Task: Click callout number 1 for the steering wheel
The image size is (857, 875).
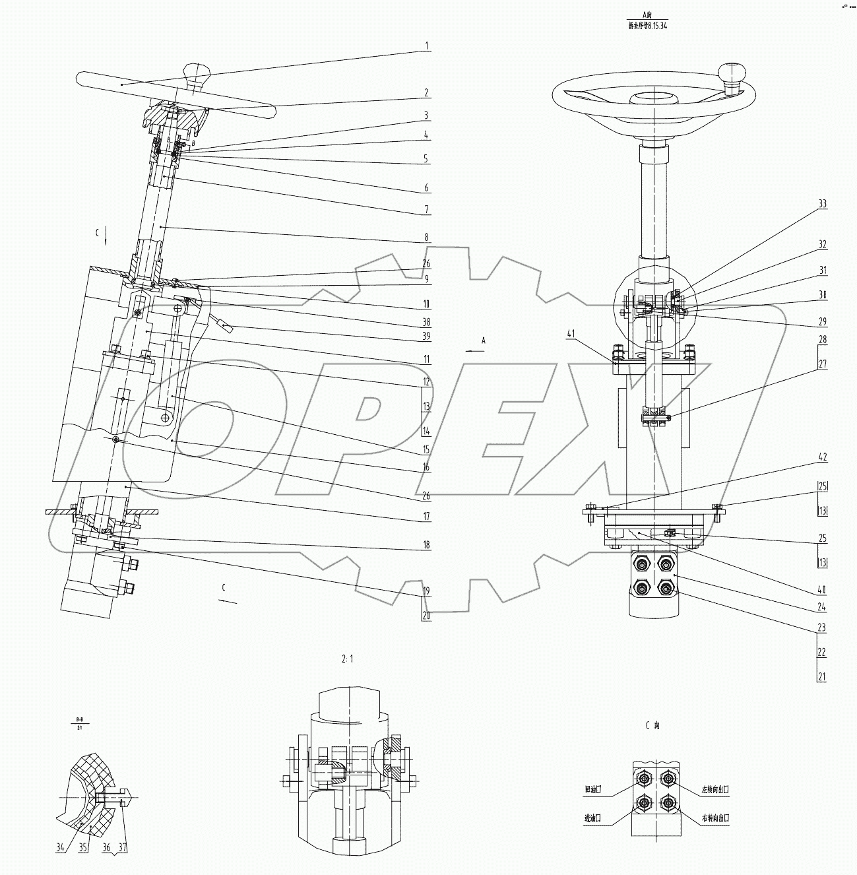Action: pyautogui.click(x=427, y=46)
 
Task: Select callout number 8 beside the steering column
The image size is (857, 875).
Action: pyautogui.click(x=427, y=236)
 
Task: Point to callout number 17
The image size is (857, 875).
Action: pyautogui.click(x=427, y=516)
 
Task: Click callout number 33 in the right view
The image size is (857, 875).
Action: pyautogui.click(x=822, y=205)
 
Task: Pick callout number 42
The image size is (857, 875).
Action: pyautogui.click(x=822, y=457)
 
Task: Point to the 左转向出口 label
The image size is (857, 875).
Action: pyautogui.click(x=714, y=789)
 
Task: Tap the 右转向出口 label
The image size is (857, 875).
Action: pyautogui.click(x=714, y=818)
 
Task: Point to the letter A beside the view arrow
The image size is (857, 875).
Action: pyautogui.click(x=484, y=340)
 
